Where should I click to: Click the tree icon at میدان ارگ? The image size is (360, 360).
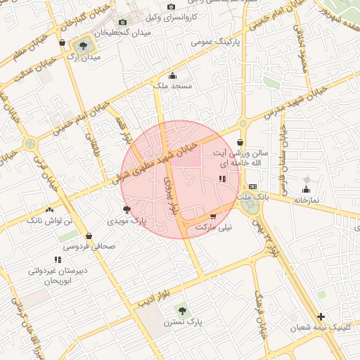tap(84, 46)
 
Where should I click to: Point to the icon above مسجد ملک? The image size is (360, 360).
tap(172, 75)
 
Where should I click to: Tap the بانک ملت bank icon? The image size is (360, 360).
tap(252, 186)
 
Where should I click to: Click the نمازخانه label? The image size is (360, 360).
tap(306, 200)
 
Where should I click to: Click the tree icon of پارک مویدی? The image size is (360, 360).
tap(127, 210)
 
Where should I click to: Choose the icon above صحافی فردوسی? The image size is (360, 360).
tap(89, 236)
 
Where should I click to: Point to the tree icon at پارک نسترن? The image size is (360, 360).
tap(183, 310)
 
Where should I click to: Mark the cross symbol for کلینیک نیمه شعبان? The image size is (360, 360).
tap(321, 316)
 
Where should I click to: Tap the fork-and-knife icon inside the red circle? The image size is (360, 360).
tap(222, 179)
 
